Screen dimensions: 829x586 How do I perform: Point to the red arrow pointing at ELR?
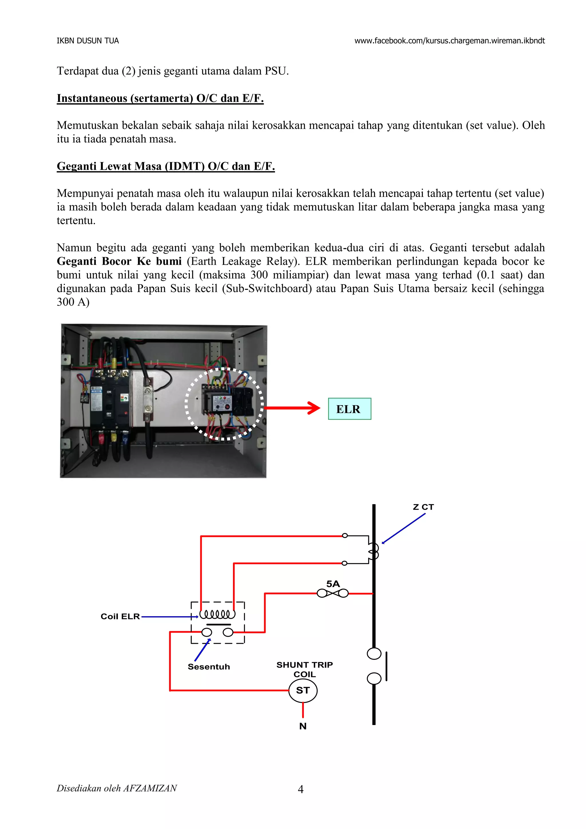[292, 408]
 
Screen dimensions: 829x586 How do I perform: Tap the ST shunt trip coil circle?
[303, 690]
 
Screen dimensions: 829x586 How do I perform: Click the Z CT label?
[423, 507]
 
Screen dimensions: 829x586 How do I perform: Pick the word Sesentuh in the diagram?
[209, 667]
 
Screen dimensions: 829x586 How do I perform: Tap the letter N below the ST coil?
[303, 726]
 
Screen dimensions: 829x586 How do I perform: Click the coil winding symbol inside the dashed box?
[217, 614]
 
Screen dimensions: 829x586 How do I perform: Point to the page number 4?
[300, 789]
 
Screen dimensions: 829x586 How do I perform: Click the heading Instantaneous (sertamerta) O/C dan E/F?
[160, 98]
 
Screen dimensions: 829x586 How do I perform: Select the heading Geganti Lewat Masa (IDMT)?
[166, 166]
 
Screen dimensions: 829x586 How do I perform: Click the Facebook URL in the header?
[449, 41]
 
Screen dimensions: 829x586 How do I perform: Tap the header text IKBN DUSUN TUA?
[88, 41]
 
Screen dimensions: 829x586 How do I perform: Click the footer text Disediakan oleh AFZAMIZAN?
[116, 788]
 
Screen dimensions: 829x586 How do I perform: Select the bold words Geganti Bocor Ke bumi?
[119, 261]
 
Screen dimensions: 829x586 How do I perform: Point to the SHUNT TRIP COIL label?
[304, 669]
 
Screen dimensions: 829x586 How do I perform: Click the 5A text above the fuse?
[333, 584]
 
